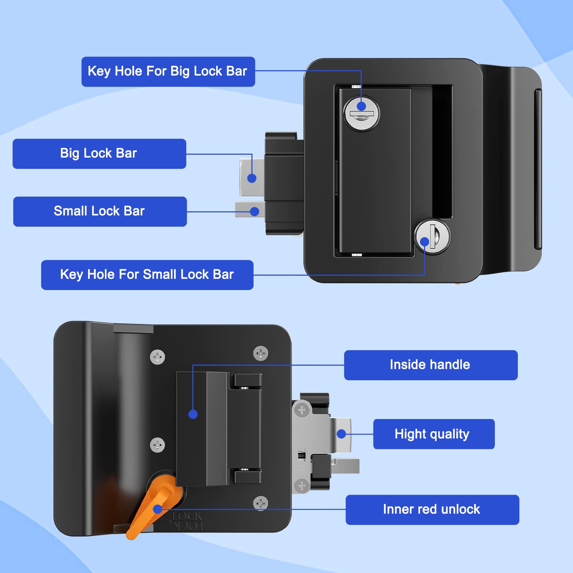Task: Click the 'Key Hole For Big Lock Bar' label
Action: tap(168, 72)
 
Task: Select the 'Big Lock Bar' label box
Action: tap(99, 154)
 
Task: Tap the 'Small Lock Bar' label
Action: tap(100, 211)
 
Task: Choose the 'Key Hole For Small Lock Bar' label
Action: tap(147, 275)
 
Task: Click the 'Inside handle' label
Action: tap(430, 365)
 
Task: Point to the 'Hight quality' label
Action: tap(433, 434)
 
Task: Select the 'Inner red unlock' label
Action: tap(432, 510)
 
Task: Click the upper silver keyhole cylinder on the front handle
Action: tap(362, 114)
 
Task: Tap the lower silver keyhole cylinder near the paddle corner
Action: tap(433, 236)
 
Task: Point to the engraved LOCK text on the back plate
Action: tap(187, 516)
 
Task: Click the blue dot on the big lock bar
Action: tap(252, 178)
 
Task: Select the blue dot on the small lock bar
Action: tap(255, 212)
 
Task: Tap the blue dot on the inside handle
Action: tap(193, 414)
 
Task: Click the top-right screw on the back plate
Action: tap(260, 353)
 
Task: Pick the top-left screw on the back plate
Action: tap(157, 357)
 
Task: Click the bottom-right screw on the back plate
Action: tap(260, 503)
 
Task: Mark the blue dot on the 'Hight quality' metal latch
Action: tap(341, 434)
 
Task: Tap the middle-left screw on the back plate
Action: tap(157, 445)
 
